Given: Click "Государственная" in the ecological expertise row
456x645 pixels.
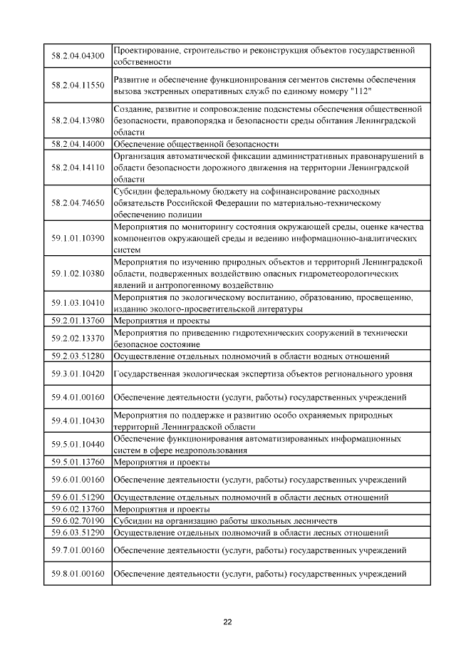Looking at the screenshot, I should [x=148, y=373].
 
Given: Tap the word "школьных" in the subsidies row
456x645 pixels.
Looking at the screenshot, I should [x=268, y=520].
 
